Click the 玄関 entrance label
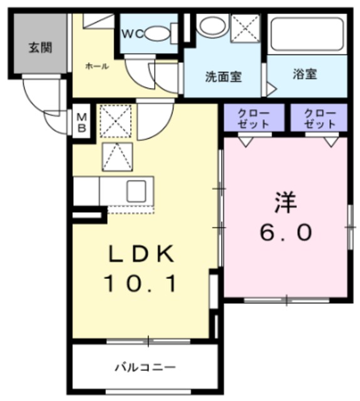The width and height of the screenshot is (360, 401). (x=40, y=48)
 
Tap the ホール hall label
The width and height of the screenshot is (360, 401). (x=97, y=66)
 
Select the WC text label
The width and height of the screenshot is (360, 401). (x=133, y=34)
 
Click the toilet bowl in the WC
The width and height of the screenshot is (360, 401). (x=158, y=34)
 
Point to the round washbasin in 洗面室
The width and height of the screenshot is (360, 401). (x=213, y=26)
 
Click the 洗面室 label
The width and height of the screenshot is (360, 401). (x=224, y=76)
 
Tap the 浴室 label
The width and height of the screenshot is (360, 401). (x=305, y=74)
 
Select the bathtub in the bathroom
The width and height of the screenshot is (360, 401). (x=307, y=34)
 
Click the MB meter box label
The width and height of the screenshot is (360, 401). (x=82, y=123)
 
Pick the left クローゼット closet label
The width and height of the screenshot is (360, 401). (x=253, y=118)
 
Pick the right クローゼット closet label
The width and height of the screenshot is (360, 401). (x=320, y=118)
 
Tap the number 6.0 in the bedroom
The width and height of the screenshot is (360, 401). (x=286, y=232)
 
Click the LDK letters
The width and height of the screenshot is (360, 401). (x=141, y=253)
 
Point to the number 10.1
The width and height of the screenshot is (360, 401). (x=140, y=283)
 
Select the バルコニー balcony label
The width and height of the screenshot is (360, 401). (x=145, y=368)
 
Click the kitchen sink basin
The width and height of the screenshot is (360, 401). (x=136, y=191)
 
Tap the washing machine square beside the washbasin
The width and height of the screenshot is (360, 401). (x=245, y=28)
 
